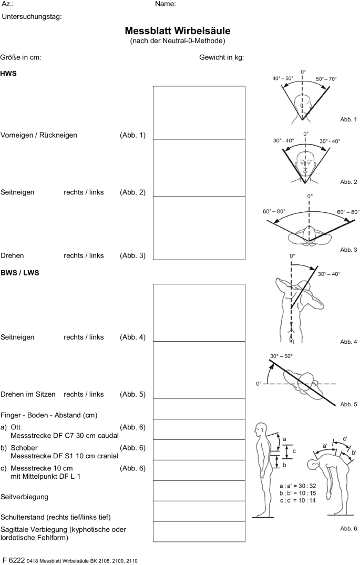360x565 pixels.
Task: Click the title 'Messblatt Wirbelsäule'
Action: [178, 31]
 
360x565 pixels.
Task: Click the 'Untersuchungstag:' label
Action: [32, 16]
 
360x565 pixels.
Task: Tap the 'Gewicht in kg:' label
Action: [221, 57]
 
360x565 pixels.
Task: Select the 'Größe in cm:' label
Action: [21, 57]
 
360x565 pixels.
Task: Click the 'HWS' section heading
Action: [9, 74]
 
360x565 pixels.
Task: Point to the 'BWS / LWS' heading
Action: [20, 273]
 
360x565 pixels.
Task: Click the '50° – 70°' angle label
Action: [326, 79]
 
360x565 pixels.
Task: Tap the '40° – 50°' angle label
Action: [283, 79]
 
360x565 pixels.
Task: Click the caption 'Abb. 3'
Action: [348, 249]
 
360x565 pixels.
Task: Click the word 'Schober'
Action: [23, 447]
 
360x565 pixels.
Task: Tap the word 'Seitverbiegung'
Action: [25, 496]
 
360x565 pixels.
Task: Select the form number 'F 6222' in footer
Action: [14, 560]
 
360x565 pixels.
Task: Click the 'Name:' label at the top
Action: [165, 4]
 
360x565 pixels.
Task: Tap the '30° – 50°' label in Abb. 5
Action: [282, 356]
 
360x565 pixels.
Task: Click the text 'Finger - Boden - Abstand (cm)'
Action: [49, 415]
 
